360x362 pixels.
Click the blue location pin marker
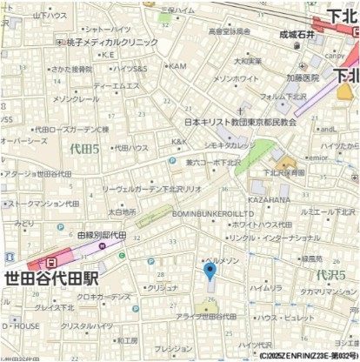pos(210,271)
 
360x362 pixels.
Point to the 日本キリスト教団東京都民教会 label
pos(240,122)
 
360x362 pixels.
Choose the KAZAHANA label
pos(269,199)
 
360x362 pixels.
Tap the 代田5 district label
pos(85,149)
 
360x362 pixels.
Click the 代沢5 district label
pos(330,275)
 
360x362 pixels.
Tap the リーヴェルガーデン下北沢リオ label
pos(152,188)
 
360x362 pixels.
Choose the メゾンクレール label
pos(77,98)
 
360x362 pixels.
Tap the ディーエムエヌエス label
pos(116,85)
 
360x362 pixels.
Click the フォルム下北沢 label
pos(283,96)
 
